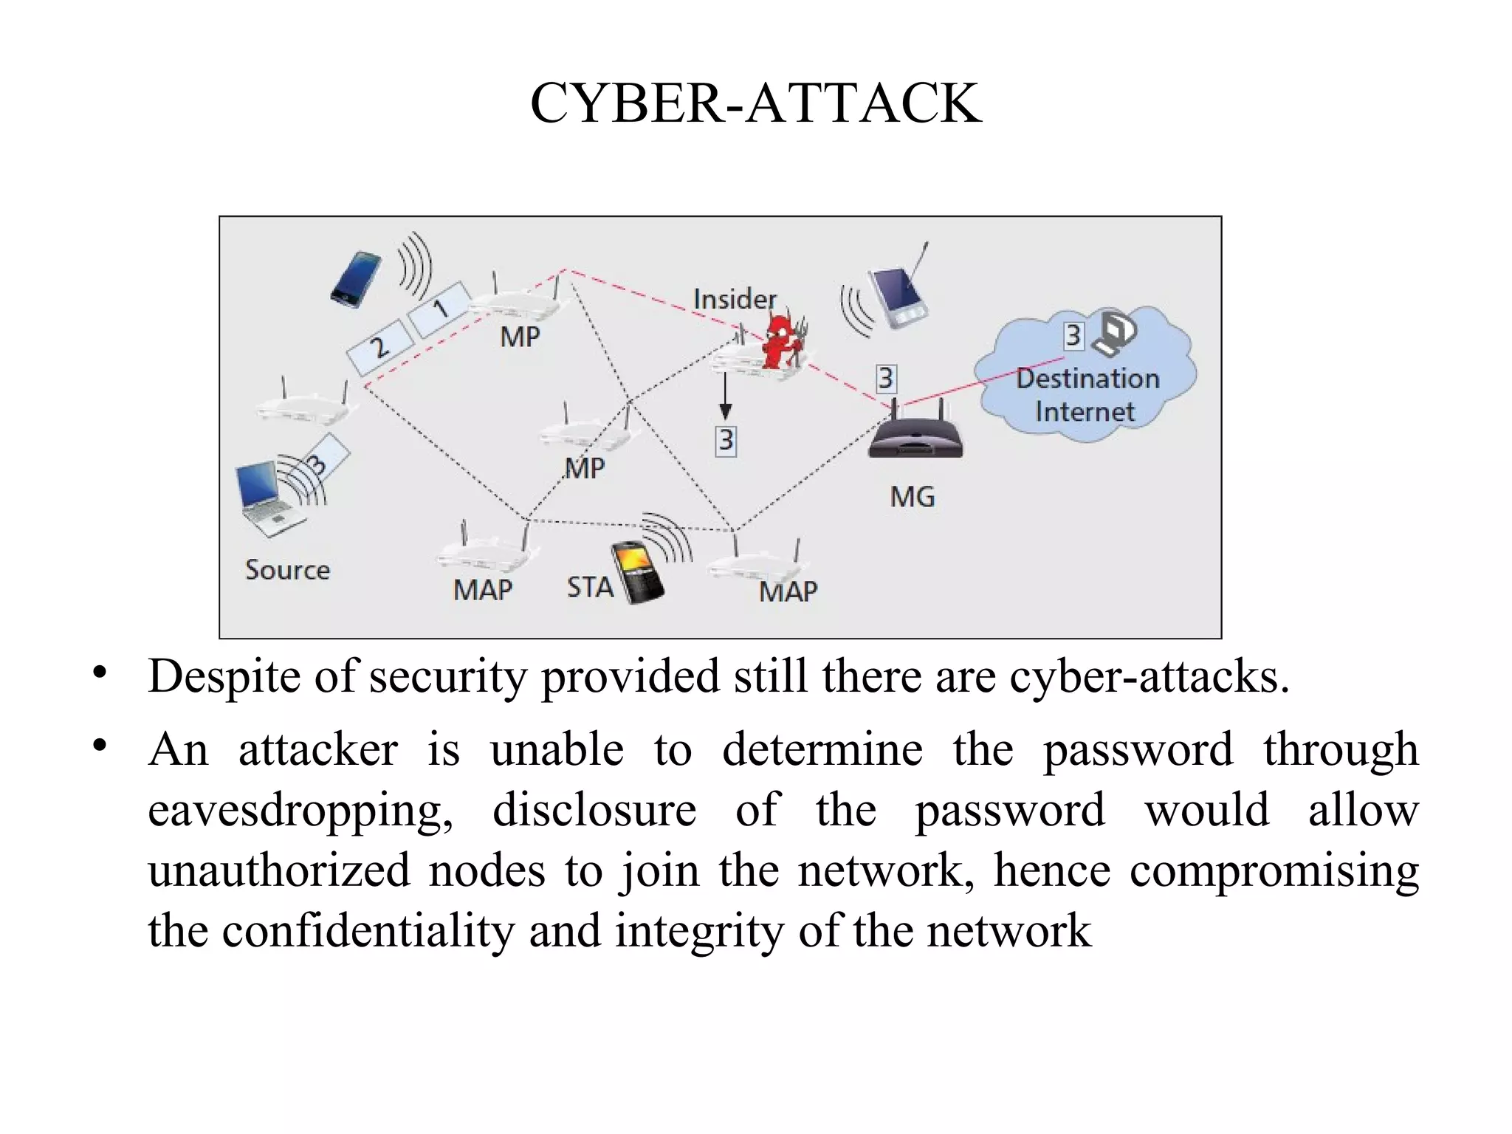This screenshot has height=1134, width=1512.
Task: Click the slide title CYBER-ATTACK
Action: click(755, 103)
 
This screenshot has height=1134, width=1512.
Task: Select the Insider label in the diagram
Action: click(735, 299)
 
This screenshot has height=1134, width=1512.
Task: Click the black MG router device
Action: click(915, 436)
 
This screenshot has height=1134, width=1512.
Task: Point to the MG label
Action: click(913, 497)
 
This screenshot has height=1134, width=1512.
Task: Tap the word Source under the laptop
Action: click(287, 570)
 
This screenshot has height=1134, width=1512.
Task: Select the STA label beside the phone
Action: click(590, 588)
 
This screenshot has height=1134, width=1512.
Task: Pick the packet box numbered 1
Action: click(440, 309)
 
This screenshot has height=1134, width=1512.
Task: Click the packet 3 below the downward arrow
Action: click(726, 441)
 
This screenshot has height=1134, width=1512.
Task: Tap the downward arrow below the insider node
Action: click(725, 396)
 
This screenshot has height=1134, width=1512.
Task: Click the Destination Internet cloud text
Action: click(1087, 395)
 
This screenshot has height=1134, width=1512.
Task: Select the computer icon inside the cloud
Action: click(1114, 331)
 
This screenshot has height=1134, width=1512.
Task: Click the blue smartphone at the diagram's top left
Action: click(356, 280)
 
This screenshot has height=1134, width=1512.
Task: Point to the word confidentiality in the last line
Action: click(368, 932)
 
